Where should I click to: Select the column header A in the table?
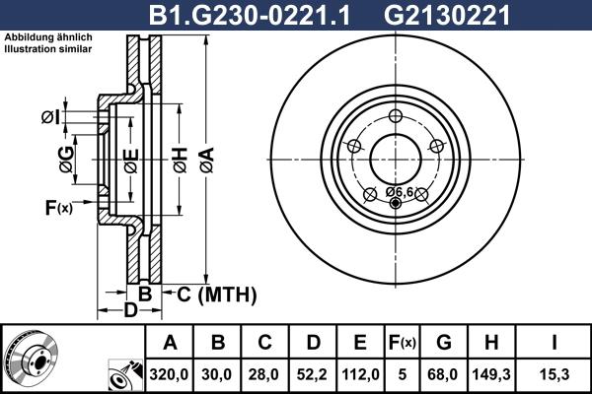(x=170, y=343)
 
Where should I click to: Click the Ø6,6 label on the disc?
(x=399, y=190)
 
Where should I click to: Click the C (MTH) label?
(x=217, y=294)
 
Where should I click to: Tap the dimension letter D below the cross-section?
(x=130, y=312)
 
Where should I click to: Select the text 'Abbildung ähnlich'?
(x=48, y=37)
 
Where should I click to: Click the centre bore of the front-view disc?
(x=396, y=158)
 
